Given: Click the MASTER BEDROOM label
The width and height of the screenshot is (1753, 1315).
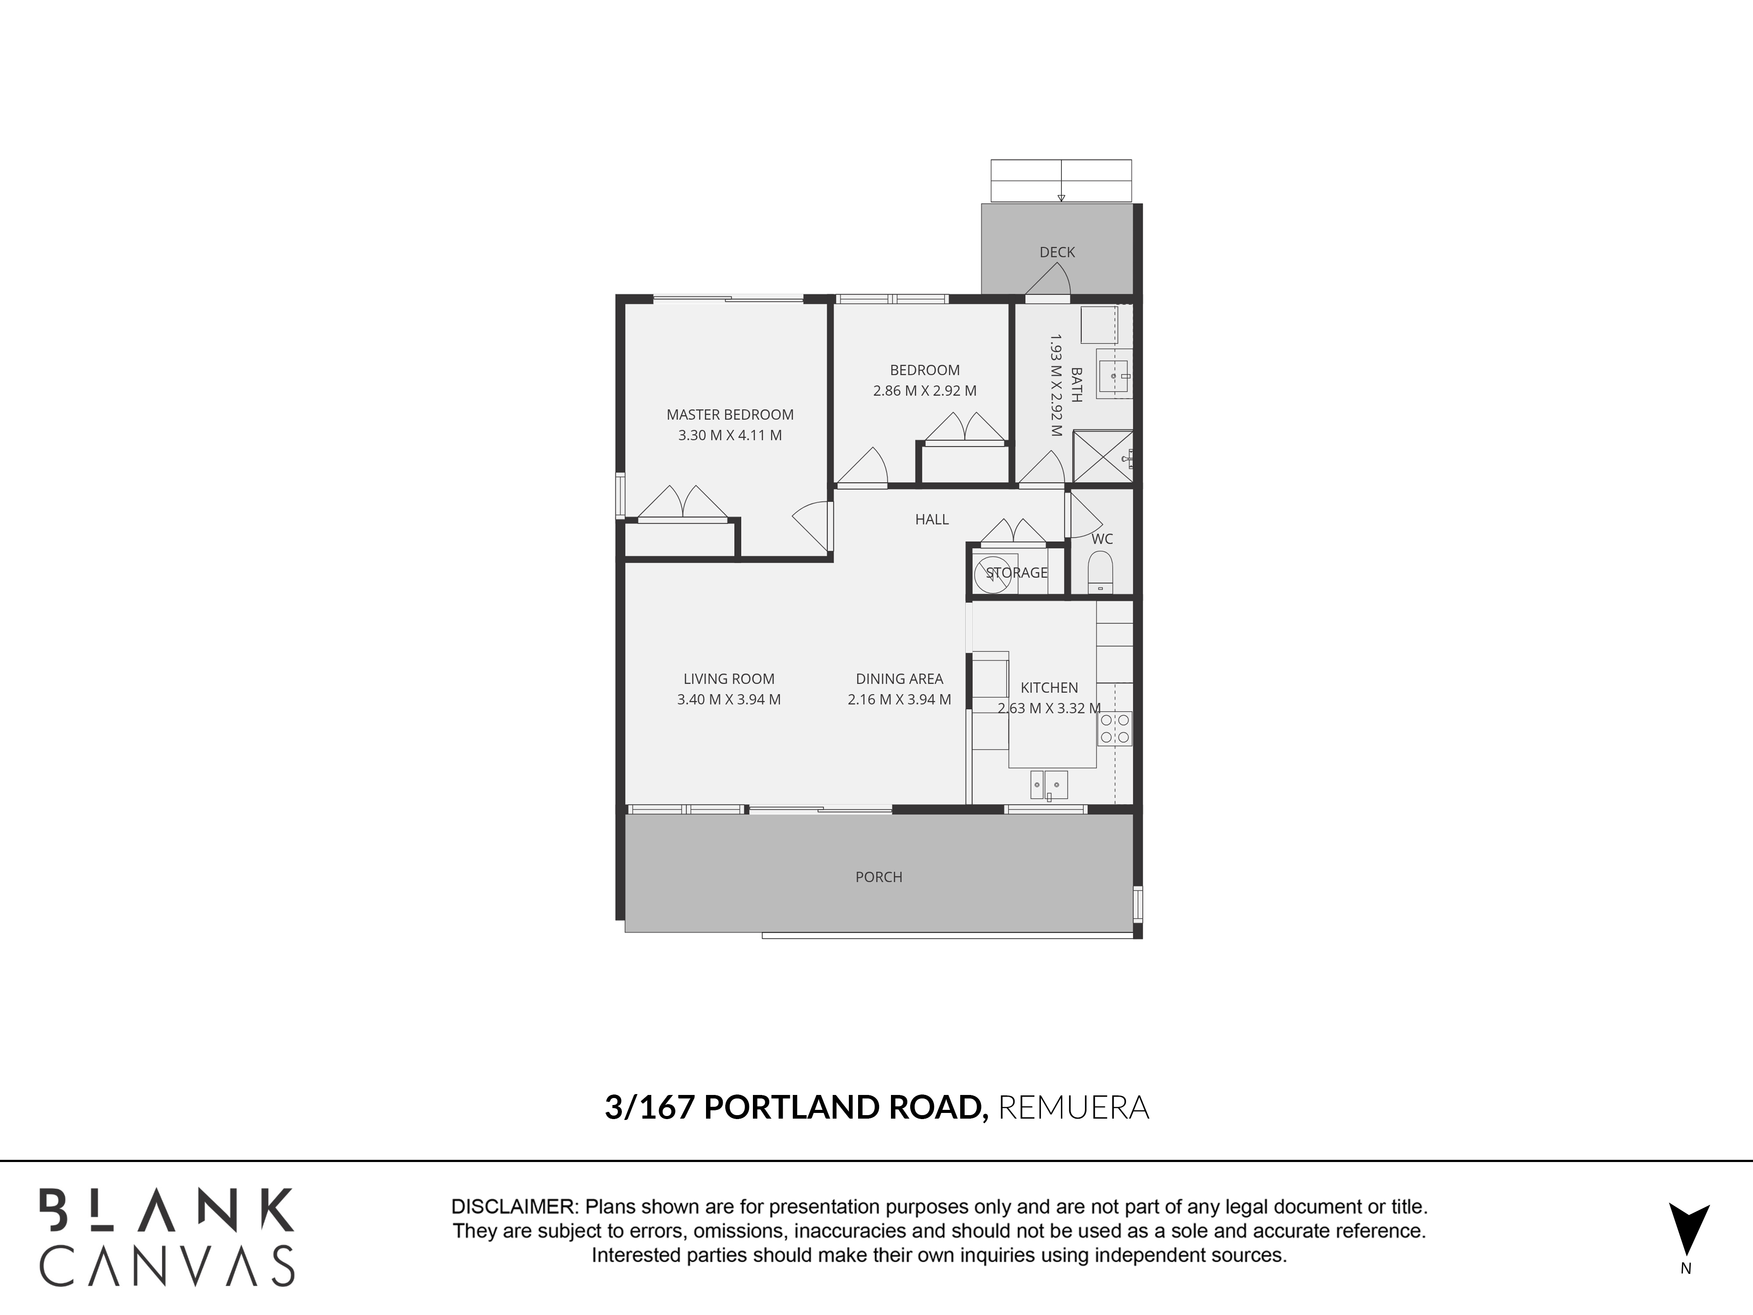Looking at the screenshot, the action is click(730, 415).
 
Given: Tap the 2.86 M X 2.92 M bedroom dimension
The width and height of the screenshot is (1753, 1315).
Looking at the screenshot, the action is click(925, 391).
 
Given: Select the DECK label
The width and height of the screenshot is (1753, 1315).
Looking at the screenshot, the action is click(1057, 252).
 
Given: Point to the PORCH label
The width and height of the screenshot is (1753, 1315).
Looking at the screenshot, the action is click(879, 877).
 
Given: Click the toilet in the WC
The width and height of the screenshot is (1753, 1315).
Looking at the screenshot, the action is click(1100, 572).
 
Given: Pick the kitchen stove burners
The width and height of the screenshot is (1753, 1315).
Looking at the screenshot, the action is click(1114, 729).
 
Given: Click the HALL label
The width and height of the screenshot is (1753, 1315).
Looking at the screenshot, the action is click(932, 519).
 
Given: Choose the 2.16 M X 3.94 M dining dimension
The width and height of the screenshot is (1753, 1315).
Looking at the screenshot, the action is click(899, 700).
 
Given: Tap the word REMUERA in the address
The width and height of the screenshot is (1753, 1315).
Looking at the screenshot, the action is click(1074, 1107).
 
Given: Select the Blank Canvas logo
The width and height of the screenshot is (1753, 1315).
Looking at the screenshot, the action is click(167, 1237).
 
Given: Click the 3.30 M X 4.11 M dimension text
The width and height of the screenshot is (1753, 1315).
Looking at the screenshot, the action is click(730, 435).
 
